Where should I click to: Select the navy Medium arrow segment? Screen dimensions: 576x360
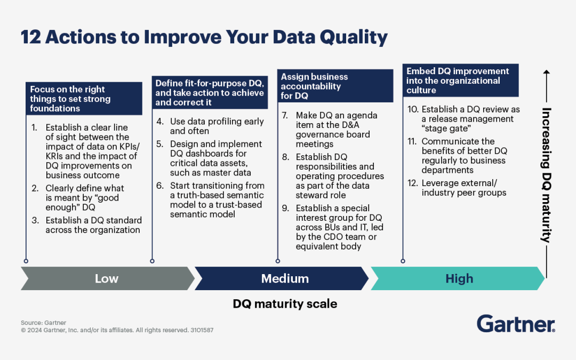click(x=282, y=278)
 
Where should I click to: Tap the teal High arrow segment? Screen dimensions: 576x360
click(x=458, y=278)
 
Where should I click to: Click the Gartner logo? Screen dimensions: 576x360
click(x=516, y=324)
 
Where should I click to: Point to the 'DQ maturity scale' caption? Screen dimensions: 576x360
click(x=285, y=304)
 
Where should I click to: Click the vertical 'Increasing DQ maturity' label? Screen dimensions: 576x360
click(x=547, y=175)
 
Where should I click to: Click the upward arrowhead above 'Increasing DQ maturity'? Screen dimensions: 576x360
click(x=547, y=72)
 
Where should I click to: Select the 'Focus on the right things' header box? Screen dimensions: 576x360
click(x=84, y=99)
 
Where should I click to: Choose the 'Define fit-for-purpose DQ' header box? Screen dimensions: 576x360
click(x=210, y=93)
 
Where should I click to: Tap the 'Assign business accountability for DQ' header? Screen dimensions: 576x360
click(x=335, y=86)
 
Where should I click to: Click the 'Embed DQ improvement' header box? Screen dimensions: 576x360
click(x=461, y=81)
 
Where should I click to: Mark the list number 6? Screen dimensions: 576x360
click(x=160, y=186)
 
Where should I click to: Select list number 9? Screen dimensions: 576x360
click(x=285, y=209)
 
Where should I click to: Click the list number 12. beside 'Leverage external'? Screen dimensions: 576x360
click(x=413, y=183)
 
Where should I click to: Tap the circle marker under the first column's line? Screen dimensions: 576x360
click(x=26, y=261)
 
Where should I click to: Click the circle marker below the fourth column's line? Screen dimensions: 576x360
click(x=403, y=261)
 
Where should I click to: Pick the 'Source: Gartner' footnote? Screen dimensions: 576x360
click(x=43, y=323)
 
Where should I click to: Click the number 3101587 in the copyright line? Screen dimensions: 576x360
click(x=202, y=330)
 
